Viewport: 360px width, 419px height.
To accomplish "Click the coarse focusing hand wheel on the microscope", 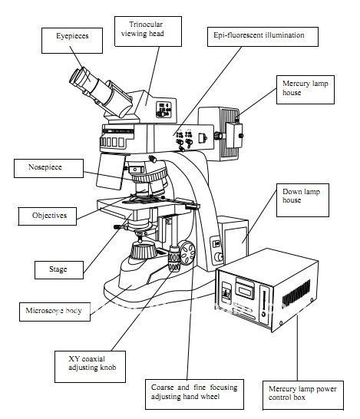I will (x=184, y=256).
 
